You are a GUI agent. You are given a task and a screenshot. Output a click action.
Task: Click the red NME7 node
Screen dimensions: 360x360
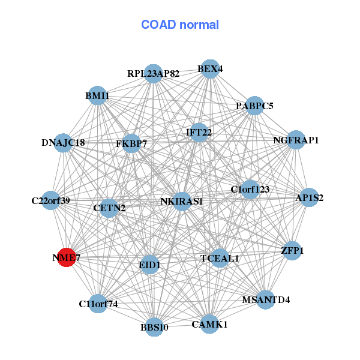66,257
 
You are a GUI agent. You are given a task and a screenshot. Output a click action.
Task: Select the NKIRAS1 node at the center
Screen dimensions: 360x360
181,201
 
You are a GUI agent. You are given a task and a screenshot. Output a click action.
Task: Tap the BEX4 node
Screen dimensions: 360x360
209,69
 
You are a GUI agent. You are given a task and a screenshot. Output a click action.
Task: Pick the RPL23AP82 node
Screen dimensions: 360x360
154,74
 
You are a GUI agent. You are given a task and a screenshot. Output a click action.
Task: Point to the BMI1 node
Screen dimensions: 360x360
97,95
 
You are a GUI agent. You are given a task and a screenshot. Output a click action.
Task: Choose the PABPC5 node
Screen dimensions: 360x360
254,106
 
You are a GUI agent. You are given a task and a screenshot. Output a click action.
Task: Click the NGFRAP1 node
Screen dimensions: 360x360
296,140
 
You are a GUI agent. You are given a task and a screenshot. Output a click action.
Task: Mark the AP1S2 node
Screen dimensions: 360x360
309,197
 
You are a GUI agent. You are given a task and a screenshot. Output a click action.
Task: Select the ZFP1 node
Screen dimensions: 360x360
292,250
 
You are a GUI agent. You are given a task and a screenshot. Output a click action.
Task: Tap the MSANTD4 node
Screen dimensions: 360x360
266,299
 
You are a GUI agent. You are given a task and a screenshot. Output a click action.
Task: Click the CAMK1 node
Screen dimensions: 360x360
210,324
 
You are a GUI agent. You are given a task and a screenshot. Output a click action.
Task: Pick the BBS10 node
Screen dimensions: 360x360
155,327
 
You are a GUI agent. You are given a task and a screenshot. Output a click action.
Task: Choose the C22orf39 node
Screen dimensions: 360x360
51,200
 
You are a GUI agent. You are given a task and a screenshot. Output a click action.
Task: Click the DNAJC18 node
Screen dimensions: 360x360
63,143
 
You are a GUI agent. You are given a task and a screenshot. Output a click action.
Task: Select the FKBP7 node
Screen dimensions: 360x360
131,144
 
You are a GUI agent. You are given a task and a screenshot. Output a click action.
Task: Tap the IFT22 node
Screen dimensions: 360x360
199,132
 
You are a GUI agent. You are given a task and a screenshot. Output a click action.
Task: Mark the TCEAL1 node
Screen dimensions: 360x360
220,258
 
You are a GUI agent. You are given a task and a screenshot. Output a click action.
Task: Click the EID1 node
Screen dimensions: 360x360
149,265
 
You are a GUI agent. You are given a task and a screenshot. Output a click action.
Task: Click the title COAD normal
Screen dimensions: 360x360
180,25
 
